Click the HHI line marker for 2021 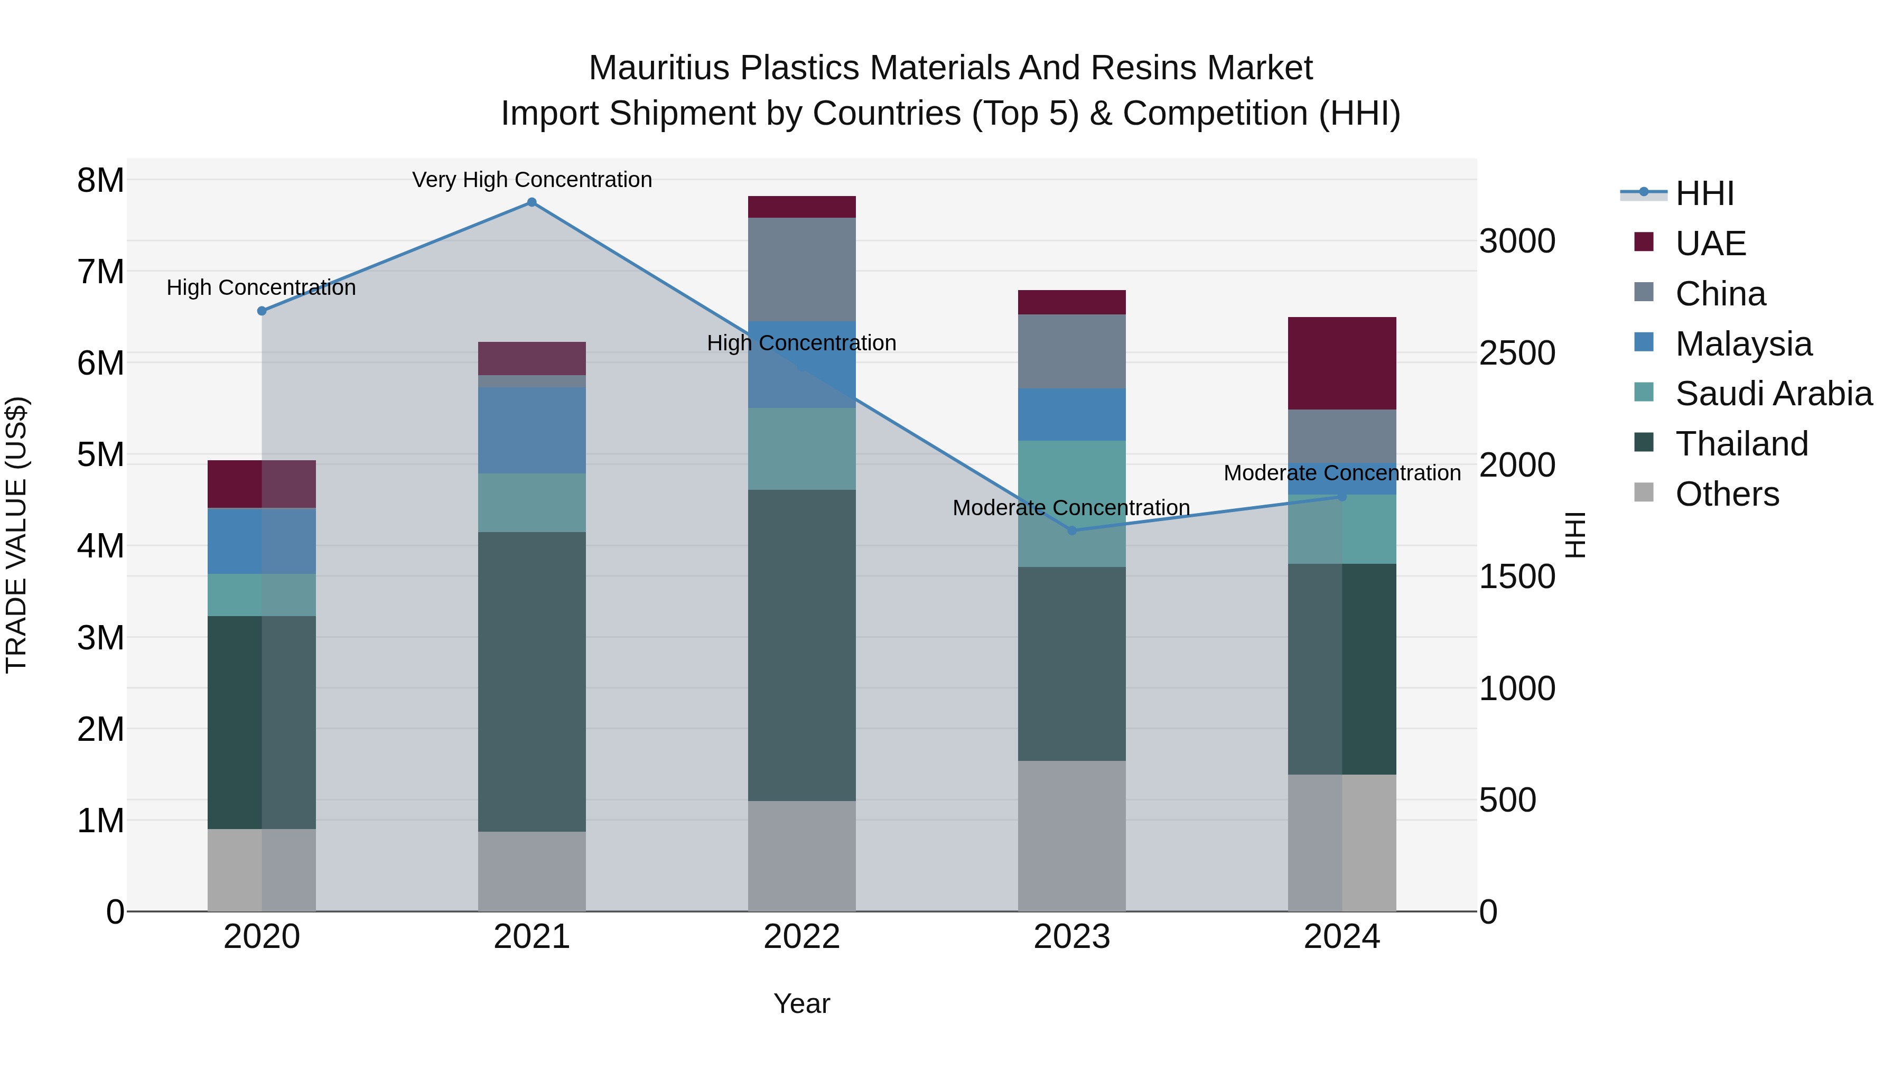click(x=532, y=202)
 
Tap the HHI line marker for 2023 click(x=1072, y=530)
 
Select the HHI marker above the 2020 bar click(x=262, y=311)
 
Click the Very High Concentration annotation click(x=532, y=180)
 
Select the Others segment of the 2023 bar click(x=1071, y=835)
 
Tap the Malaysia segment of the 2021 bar click(x=532, y=430)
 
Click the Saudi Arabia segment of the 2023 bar click(x=1071, y=504)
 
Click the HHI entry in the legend click(x=1704, y=193)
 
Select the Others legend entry click(x=1726, y=494)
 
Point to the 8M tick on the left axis click(x=100, y=180)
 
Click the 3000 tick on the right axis click(x=1517, y=241)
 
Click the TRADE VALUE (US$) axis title click(x=16, y=535)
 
